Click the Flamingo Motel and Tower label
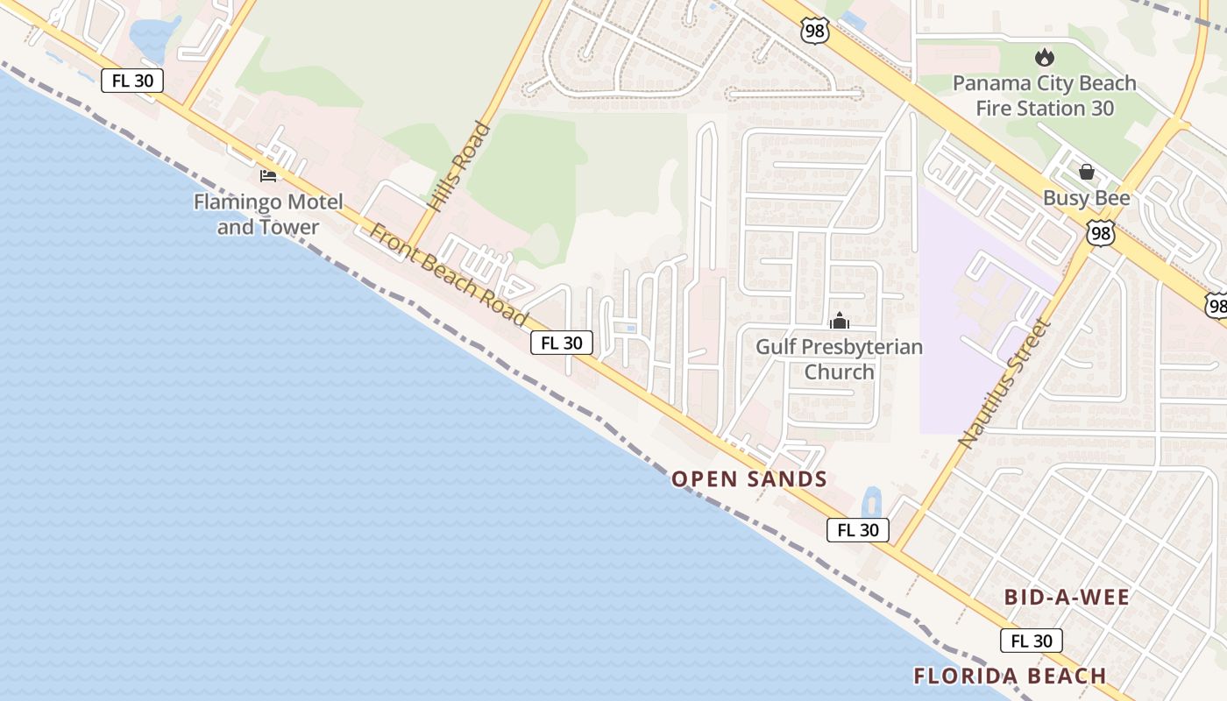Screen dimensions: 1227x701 (x=268, y=215)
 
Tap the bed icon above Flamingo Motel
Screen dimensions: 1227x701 (x=268, y=176)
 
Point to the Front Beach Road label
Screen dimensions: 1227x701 (x=449, y=275)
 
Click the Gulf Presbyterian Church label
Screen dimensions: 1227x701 (x=840, y=359)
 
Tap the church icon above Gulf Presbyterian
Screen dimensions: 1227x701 (x=840, y=322)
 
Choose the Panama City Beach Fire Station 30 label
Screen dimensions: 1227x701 (x=1044, y=96)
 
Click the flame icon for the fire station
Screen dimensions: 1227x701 (x=1044, y=58)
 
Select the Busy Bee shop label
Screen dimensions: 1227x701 (x=1086, y=198)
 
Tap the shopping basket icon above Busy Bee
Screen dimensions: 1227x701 (x=1086, y=172)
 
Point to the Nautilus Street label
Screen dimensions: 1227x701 (x=1004, y=382)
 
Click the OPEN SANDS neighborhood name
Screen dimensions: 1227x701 (x=749, y=479)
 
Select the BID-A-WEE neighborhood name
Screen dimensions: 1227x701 (x=1067, y=598)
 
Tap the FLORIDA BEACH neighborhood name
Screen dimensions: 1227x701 (x=1010, y=676)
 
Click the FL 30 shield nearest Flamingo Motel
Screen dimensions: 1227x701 (x=132, y=81)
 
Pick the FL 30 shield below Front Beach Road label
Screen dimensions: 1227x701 (x=561, y=343)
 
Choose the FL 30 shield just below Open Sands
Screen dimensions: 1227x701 (x=857, y=529)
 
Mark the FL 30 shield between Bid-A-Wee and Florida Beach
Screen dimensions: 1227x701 (x=1031, y=641)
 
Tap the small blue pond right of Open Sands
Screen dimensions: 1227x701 (x=871, y=503)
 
